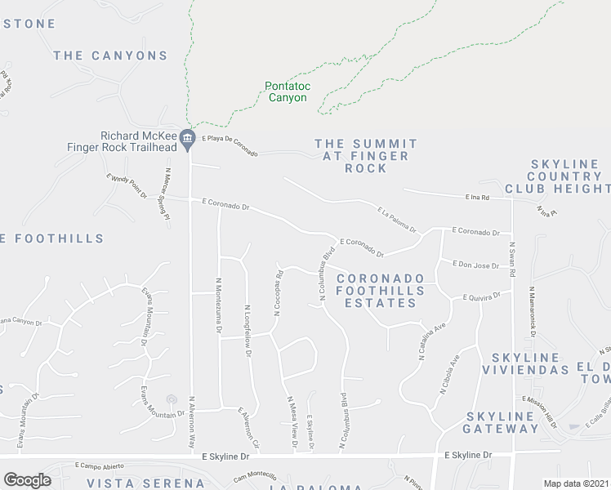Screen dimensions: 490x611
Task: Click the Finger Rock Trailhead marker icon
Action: tap(188, 139)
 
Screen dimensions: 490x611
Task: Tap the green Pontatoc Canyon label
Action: tap(286, 91)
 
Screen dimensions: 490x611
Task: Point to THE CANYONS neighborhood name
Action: tap(110, 56)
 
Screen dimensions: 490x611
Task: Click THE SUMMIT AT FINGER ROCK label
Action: tap(366, 155)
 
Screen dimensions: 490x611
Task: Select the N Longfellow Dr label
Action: tap(247, 327)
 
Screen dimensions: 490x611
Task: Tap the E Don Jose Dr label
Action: tap(475, 265)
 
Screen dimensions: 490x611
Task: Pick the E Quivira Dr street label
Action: tap(481, 298)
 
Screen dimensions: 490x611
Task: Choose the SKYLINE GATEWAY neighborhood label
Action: tap(501, 421)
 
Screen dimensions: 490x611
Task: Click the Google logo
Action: tap(27, 479)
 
